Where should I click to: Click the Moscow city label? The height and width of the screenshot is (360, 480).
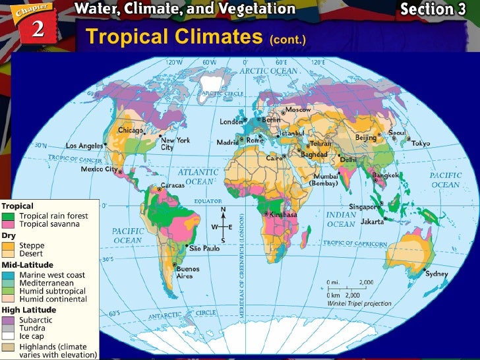pyautogui.click(x=297, y=109)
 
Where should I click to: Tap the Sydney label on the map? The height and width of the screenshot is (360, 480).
pyautogui.click(x=436, y=274)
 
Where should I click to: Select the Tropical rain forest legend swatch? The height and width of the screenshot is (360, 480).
pyautogui.click(x=9, y=216)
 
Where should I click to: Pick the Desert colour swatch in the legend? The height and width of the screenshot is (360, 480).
pyautogui.click(x=9, y=253)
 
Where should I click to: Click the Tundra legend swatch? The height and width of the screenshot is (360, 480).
pyautogui.click(x=9, y=328)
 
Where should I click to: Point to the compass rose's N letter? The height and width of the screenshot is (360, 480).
pyautogui.click(x=223, y=210)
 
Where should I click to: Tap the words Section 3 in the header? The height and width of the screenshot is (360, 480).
pyautogui.click(x=436, y=9)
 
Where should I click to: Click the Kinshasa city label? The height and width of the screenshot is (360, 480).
pyautogui.click(x=283, y=215)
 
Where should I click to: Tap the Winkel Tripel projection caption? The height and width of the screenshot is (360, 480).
pyautogui.click(x=359, y=304)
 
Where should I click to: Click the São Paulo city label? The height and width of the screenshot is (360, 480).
pyautogui.click(x=204, y=249)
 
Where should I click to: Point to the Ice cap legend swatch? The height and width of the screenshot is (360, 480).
pyautogui.click(x=9, y=336)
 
